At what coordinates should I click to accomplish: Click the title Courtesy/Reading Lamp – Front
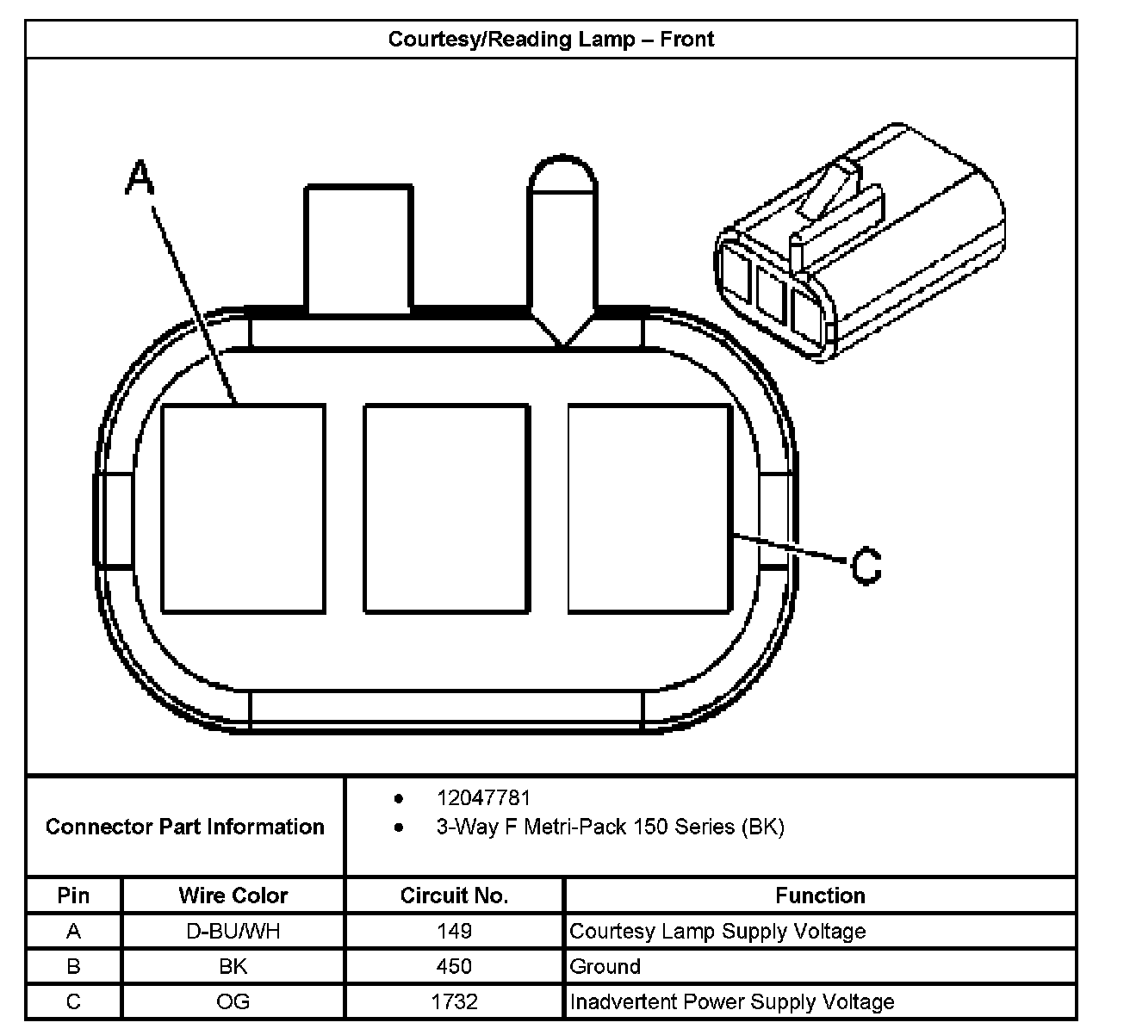click(x=551, y=40)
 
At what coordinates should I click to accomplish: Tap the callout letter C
click(x=866, y=566)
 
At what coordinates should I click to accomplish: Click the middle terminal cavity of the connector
click(x=446, y=509)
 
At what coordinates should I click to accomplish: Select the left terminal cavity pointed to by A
click(x=243, y=509)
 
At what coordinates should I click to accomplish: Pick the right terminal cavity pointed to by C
click(x=649, y=509)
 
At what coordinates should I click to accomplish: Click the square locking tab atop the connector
click(x=357, y=247)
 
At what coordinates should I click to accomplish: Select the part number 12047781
click(x=483, y=798)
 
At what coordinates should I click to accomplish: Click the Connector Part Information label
click(x=185, y=827)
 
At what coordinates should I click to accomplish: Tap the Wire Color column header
click(x=233, y=896)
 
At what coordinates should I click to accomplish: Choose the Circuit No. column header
click(x=454, y=896)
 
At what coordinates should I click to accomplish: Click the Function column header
click(x=820, y=896)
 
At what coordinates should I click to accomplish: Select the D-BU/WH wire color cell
click(x=233, y=931)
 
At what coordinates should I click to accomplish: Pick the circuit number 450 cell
click(x=454, y=966)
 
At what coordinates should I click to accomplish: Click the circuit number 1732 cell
click(x=454, y=1001)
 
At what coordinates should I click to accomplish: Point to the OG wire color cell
click(x=233, y=1001)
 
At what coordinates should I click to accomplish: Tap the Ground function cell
click(x=605, y=966)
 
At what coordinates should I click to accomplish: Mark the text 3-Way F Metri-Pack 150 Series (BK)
click(x=610, y=827)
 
